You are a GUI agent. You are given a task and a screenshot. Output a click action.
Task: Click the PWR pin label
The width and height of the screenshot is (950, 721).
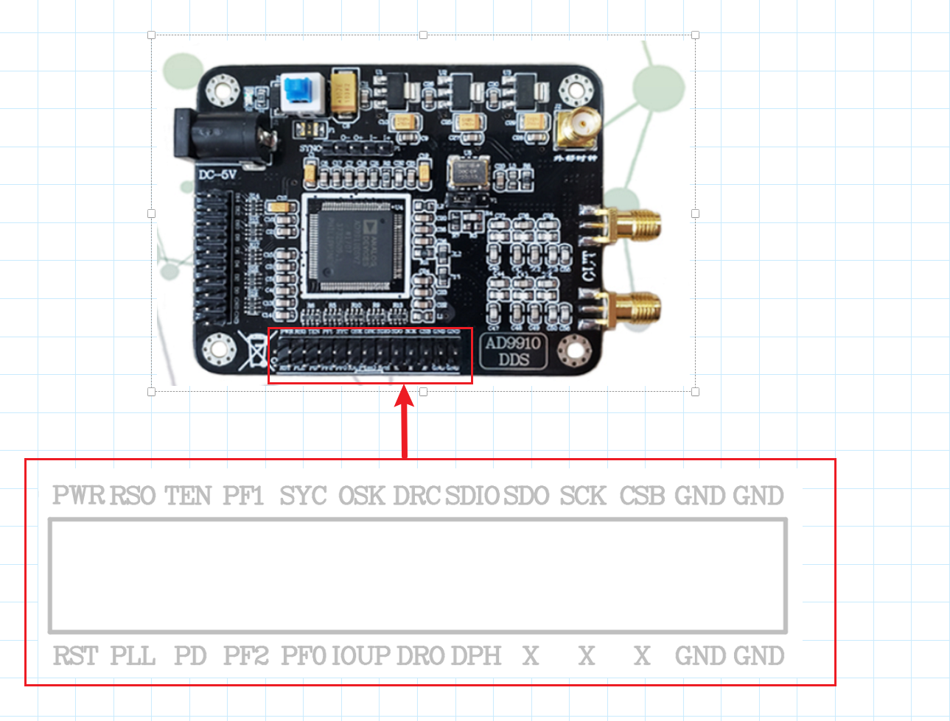pos(79,496)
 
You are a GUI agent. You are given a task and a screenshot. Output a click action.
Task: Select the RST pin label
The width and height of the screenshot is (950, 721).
pos(75,655)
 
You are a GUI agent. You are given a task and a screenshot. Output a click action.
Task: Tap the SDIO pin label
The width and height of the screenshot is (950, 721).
pos(472,496)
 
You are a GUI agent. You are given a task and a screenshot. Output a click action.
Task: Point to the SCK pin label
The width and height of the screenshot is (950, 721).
pos(583,496)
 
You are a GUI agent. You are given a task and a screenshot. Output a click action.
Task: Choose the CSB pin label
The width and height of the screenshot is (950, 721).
pos(642,496)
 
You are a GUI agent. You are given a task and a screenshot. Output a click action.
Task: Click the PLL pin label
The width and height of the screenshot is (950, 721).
pos(133,655)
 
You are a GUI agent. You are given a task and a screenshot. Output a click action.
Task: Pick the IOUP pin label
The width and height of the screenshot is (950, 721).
pos(361,655)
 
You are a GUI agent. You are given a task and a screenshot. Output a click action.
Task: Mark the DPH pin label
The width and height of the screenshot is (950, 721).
pos(476,655)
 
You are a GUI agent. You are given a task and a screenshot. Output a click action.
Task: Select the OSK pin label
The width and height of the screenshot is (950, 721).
pos(361,496)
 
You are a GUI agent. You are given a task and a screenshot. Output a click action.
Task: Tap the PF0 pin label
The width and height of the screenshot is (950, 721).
pos(303,655)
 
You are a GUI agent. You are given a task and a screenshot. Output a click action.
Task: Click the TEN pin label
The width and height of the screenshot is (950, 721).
pos(188,496)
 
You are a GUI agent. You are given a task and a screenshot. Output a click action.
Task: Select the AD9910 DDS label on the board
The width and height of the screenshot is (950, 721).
pos(513,351)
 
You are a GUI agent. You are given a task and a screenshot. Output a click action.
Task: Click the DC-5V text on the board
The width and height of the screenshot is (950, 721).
pos(217,175)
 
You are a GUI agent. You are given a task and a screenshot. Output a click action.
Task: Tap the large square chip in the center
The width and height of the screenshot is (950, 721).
pos(356,246)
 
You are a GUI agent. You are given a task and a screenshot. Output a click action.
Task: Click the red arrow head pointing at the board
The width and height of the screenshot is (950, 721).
pos(404,398)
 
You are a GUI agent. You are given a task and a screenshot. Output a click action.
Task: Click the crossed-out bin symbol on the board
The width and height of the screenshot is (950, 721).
pos(254,351)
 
